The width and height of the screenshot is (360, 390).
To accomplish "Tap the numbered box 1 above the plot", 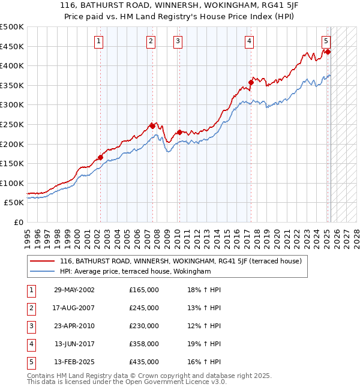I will click(98, 41).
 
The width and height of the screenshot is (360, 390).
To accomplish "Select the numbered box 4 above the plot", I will click(248, 41).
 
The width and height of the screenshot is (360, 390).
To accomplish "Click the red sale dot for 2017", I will click(251, 82).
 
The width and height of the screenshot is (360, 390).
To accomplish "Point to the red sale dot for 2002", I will click(101, 158).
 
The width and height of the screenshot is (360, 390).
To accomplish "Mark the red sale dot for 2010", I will click(179, 132).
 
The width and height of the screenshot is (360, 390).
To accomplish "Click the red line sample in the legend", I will click(43, 261).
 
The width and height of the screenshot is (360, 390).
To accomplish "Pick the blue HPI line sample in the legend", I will click(43, 271).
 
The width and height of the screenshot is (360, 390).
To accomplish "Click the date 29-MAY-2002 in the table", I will click(74, 290).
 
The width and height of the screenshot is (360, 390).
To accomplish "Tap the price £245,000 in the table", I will click(144, 308).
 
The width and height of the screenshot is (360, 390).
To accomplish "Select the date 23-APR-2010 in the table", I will click(74, 326).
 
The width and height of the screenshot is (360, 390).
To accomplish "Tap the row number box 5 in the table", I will click(29, 362).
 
